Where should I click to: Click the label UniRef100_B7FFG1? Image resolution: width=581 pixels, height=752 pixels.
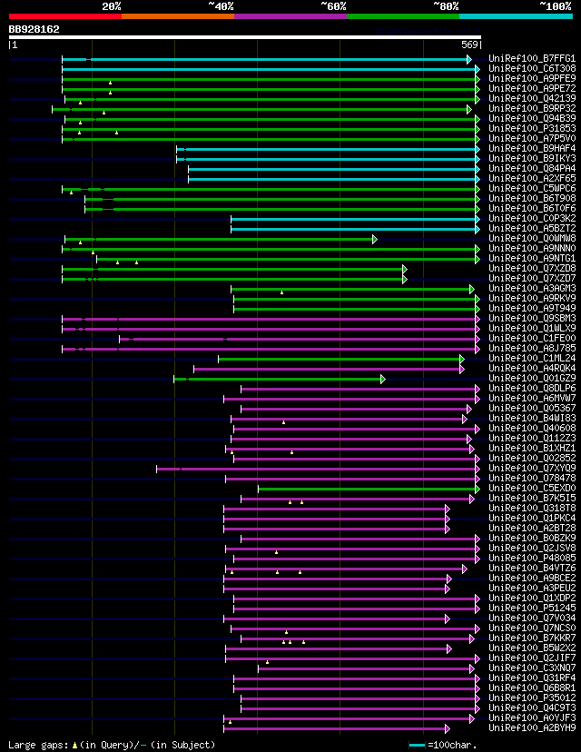click(531, 59)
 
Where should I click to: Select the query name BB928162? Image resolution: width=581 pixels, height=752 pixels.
click(34, 29)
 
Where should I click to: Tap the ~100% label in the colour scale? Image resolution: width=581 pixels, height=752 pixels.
click(555, 6)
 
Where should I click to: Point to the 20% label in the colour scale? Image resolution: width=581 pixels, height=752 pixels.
click(112, 6)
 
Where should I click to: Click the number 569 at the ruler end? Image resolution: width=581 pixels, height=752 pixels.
click(470, 45)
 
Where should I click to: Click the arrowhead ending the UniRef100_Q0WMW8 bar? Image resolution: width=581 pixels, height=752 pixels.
click(374, 239)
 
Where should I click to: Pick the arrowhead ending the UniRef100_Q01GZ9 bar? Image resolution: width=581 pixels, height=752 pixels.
click(383, 379)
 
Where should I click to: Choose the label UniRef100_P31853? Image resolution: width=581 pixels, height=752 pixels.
click(531, 129)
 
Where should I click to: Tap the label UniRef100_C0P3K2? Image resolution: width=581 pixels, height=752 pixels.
click(531, 219)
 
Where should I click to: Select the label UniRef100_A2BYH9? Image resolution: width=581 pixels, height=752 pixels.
click(531, 728)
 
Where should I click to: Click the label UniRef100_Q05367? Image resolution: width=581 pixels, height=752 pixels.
click(531, 409)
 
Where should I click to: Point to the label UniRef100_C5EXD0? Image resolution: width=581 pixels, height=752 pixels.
click(531, 489)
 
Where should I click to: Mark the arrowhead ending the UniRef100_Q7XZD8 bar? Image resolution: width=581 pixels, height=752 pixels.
click(405, 269)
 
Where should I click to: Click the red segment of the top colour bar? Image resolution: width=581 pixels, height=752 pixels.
click(64, 16)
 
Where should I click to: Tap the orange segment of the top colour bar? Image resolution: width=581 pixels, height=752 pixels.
click(177, 16)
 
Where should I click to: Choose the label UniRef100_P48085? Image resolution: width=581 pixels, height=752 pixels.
click(531, 559)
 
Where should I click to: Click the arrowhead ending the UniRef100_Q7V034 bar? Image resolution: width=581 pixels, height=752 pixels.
click(448, 618)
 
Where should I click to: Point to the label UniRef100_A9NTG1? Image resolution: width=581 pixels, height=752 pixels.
click(531, 259)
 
